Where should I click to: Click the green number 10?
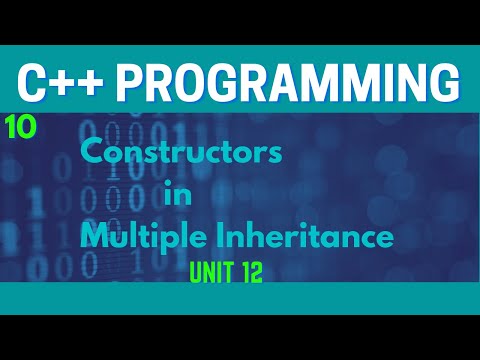pos(18,127)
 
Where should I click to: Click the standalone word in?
pos(175,195)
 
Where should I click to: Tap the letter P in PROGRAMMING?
pos(148,81)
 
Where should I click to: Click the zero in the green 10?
pos(24,127)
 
